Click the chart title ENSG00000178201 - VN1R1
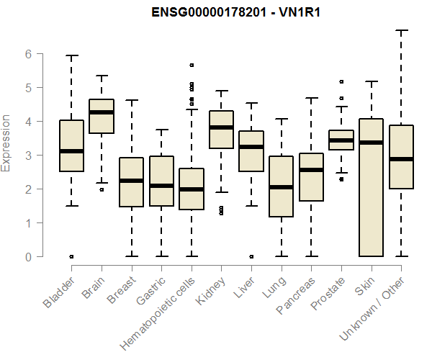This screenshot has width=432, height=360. (x=235, y=12)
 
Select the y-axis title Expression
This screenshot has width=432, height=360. (x=7, y=143)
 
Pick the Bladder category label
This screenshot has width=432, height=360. (x=59, y=292)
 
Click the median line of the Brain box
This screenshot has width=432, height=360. (x=102, y=112)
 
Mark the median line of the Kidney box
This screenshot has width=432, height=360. (x=221, y=127)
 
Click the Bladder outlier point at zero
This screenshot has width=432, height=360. (x=71, y=256)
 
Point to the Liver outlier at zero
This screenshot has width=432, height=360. (x=251, y=256)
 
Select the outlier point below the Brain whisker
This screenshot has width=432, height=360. (x=102, y=189)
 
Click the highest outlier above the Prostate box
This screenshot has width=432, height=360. (x=341, y=81)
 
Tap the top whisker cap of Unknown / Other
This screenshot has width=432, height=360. (x=401, y=31)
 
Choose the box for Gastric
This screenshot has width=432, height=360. (x=161, y=181)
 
